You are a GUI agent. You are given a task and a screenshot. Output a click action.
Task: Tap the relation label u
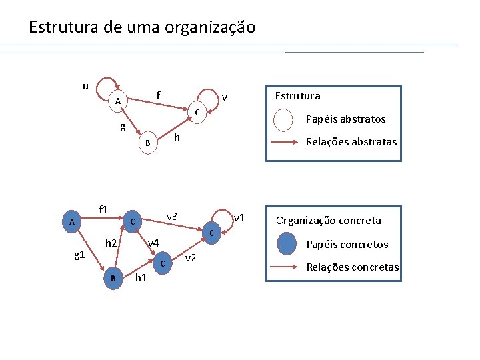pyautogui.click(x=85, y=85)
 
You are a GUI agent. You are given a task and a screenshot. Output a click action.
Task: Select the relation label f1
pyautogui.click(x=103, y=209)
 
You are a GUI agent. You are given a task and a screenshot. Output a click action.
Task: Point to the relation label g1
pyautogui.click(x=79, y=255)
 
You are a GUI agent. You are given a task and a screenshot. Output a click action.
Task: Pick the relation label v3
pyautogui.click(x=172, y=216)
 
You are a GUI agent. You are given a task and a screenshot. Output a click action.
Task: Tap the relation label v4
pyautogui.click(x=153, y=242)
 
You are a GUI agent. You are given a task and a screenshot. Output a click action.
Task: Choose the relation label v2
pyautogui.click(x=190, y=258)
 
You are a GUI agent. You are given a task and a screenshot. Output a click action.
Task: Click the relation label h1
pyautogui.click(x=141, y=277)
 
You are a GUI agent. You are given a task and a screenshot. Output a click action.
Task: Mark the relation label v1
pyautogui.click(x=240, y=218)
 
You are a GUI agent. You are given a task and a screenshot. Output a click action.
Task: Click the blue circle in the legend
pyautogui.click(x=286, y=245)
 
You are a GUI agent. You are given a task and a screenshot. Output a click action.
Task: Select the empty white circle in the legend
pyautogui.click(x=284, y=120)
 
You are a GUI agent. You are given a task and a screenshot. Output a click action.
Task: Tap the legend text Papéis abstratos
pyautogui.click(x=345, y=119)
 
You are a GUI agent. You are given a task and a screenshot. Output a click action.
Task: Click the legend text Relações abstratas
pyautogui.click(x=351, y=141)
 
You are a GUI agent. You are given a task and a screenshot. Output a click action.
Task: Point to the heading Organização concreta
pyautogui.click(x=329, y=221)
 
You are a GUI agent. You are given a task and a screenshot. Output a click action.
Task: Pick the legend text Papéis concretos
pyautogui.click(x=347, y=245)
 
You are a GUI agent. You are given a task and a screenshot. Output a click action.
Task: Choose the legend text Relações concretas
pyautogui.click(x=352, y=267)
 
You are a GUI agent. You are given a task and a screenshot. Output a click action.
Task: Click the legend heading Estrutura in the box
pyautogui.click(x=297, y=95)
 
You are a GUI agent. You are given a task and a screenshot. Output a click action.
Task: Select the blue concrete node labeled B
pyautogui.click(x=113, y=279)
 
